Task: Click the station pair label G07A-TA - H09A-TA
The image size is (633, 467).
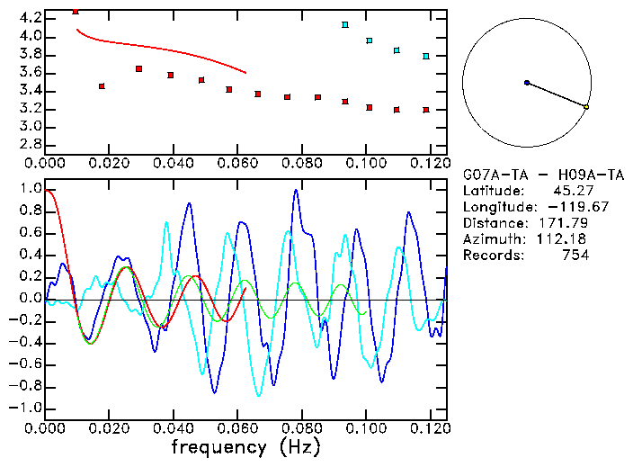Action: [543, 175]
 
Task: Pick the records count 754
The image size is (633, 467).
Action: [575, 256]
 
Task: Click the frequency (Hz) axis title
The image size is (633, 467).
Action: [245, 447]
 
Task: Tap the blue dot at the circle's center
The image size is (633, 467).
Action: [527, 83]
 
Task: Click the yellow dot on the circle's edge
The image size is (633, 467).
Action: [586, 107]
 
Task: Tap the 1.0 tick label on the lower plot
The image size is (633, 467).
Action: [30, 190]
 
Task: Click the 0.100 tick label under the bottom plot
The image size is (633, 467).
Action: [366, 427]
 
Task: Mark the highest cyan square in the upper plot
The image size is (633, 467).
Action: [345, 24]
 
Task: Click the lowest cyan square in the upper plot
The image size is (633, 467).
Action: [426, 56]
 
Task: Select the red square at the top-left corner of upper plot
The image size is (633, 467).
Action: [76, 11]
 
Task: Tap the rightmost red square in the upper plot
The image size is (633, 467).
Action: [426, 110]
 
